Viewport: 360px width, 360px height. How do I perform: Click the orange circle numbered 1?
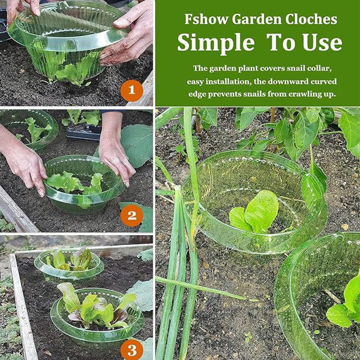131,90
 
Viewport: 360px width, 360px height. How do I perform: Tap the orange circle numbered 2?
131,216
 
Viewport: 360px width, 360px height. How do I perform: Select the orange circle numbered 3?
131,350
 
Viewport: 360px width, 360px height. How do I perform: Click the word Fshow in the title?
206,19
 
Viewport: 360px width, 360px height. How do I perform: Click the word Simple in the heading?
216,43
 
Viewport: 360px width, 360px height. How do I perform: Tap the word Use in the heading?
322,42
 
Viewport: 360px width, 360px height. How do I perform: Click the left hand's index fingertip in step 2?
42,194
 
